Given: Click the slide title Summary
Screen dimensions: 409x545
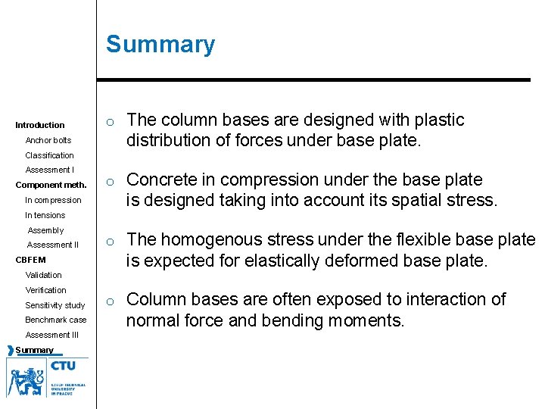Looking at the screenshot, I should (x=160, y=45).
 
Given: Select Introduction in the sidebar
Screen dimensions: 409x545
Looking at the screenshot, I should (x=40, y=125).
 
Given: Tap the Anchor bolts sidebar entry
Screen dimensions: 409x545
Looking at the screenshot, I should (x=48, y=140).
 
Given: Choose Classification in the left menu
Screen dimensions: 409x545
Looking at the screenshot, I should (x=50, y=155).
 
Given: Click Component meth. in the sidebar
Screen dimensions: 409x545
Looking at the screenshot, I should (x=51, y=186).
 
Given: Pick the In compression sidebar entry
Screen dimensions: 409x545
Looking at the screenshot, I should (x=53, y=200).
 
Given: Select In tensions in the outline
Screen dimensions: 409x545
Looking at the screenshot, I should (x=45, y=215).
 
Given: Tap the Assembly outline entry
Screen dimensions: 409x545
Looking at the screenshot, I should (x=46, y=230).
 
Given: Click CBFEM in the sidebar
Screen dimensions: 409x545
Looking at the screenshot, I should (x=30, y=261).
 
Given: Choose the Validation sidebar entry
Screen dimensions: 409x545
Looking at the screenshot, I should (x=44, y=275).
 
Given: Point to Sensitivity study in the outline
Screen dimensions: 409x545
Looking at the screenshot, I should (x=55, y=305).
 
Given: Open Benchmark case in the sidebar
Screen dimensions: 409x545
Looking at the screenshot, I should (x=56, y=320).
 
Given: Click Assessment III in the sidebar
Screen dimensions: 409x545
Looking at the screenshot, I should (x=52, y=335).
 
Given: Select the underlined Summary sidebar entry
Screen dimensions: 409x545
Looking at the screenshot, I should (x=35, y=350).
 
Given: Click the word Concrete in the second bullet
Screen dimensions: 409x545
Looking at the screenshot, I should (x=159, y=180).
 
